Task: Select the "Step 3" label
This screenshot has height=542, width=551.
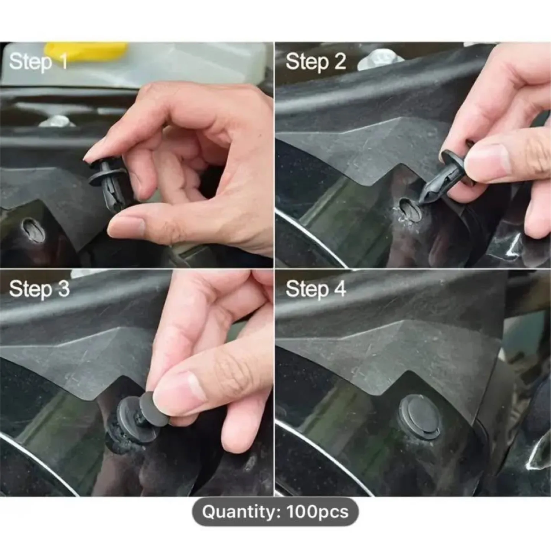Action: pyautogui.click(x=39, y=289)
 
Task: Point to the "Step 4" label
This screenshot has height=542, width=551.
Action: pyautogui.click(x=315, y=289)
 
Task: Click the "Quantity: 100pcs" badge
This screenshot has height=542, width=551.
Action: pyautogui.click(x=275, y=512)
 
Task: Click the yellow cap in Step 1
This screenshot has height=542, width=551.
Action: pyautogui.click(x=85, y=53)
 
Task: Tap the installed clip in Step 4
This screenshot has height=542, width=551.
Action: pyautogui.click(x=419, y=415)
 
